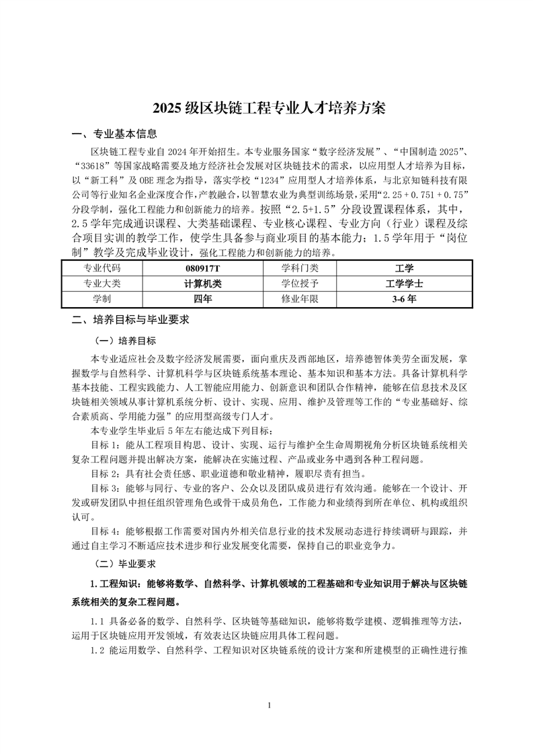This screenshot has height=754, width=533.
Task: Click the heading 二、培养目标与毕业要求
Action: click(x=130, y=320)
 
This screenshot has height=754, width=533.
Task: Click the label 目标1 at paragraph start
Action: click(x=104, y=445)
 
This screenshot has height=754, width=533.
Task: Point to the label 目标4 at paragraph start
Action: click(x=104, y=530)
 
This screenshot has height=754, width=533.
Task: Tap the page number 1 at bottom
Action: click(x=268, y=706)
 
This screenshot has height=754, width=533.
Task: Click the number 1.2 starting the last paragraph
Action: click(x=98, y=651)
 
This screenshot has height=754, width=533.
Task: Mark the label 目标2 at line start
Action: click(x=104, y=473)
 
